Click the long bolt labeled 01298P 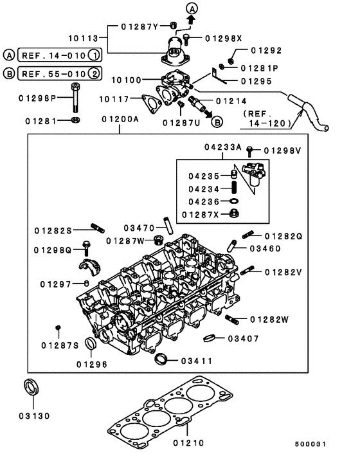pos(76,98)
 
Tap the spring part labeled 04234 pos(235,188)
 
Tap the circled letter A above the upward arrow pos(193,7)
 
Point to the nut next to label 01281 pos(76,120)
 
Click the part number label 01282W pos(269,319)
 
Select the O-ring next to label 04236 pos(235,201)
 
